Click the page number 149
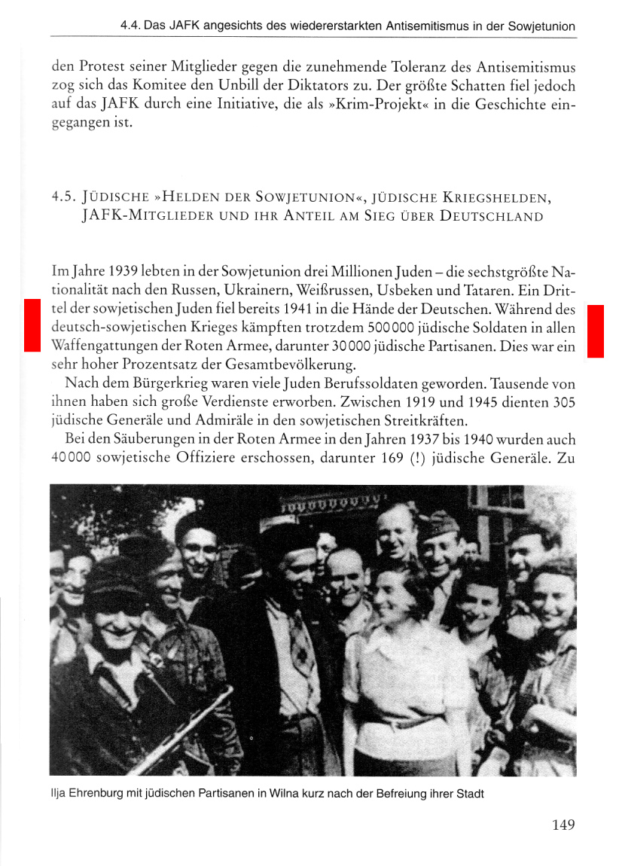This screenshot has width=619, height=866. (563, 825)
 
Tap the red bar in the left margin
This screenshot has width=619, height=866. (31, 325)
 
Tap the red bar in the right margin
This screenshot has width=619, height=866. (595, 331)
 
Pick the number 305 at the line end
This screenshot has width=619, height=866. (563, 403)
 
